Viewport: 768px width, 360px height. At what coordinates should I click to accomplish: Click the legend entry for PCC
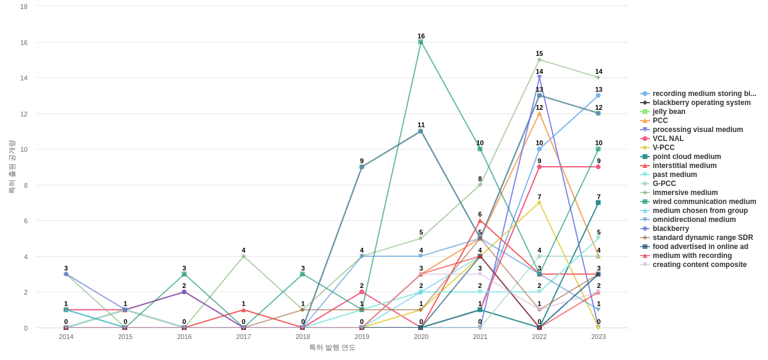coord(660,121)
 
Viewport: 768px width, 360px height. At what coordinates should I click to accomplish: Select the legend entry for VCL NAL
coord(668,139)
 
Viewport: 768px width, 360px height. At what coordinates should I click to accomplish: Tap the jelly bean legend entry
coord(668,112)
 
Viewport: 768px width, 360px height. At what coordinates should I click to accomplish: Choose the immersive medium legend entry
coord(685,193)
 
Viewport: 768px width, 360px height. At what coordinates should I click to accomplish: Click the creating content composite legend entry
coord(700,265)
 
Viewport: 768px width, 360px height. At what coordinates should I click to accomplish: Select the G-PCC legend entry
coord(664,184)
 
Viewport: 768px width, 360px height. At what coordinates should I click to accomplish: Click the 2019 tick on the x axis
coord(362,337)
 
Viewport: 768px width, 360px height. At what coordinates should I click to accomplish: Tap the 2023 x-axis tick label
coord(598,337)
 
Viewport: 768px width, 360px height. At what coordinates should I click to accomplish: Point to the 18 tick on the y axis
coord(24,7)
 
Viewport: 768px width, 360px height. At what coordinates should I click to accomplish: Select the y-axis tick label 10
coord(24,149)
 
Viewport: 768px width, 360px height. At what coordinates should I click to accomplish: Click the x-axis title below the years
coord(332,347)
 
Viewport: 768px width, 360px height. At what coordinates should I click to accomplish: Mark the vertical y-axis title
coord(11,167)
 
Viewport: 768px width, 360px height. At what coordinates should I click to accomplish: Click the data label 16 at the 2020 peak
coord(421,36)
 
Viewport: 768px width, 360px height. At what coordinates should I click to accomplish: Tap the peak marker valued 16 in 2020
coord(421,42)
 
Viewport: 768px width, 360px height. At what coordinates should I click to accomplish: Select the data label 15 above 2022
coord(539,53)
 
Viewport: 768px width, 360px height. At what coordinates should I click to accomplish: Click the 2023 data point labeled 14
coord(598,77)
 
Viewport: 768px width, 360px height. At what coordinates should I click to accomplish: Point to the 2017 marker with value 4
coord(244,256)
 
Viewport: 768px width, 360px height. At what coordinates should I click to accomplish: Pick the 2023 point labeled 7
coord(598,203)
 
